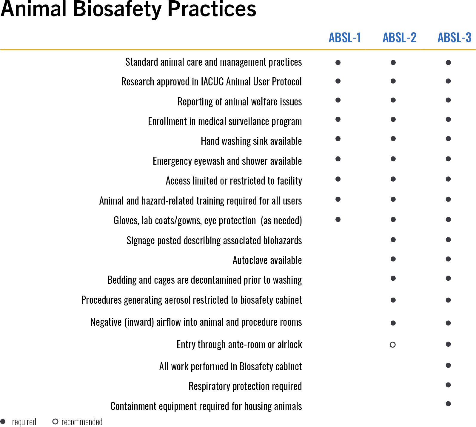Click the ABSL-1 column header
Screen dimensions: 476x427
[x=345, y=38]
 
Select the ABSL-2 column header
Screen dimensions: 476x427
[x=399, y=38]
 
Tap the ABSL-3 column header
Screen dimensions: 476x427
[x=454, y=38]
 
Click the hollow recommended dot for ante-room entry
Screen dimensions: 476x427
[x=393, y=345]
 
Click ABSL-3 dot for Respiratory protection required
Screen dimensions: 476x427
[x=448, y=385]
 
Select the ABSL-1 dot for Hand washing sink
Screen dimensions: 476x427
[x=338, y=139]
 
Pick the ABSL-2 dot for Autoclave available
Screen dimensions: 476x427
[x=393, y=259]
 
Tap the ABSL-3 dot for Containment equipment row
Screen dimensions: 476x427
[x=448, y=404]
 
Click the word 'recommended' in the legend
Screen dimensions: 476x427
[x=82, y=422]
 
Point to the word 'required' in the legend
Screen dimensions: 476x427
[x=24, y=422]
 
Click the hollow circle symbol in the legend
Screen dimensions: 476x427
[x=55, y=422]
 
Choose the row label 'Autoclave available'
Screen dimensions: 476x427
[x=267, y=260]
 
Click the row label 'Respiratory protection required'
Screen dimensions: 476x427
[x=245, y=386]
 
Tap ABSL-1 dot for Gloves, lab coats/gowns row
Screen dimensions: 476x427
[x=338, y=219]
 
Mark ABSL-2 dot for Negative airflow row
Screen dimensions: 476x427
[x=393, y=323]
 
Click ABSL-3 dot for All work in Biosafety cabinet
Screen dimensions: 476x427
[x=448, y=365]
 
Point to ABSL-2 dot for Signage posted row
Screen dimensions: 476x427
[x=393, y=239]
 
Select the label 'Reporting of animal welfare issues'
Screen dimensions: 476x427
[x=240, y=102]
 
